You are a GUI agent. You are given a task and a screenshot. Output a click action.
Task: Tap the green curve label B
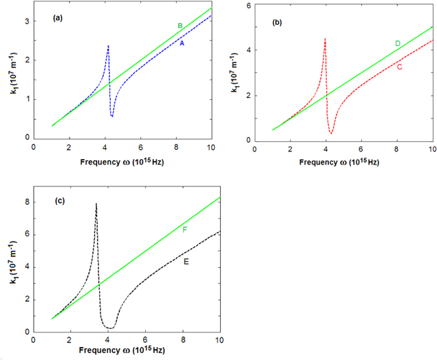coord(180,26)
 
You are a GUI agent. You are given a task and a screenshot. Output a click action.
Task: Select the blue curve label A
coord(182,43)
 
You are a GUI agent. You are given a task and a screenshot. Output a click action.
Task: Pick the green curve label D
coord(398,43)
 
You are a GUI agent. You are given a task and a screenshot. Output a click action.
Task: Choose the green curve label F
coord(184,229)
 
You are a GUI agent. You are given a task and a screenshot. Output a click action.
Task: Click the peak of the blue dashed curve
coord(108,46)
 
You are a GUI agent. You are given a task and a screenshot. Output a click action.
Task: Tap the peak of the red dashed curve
coord(325,39)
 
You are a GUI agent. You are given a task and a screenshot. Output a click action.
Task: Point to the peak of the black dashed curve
coord(96,204)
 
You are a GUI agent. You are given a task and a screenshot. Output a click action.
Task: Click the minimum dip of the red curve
coord(332,133)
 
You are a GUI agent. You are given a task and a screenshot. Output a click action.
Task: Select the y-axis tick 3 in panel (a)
coord(26,22)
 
